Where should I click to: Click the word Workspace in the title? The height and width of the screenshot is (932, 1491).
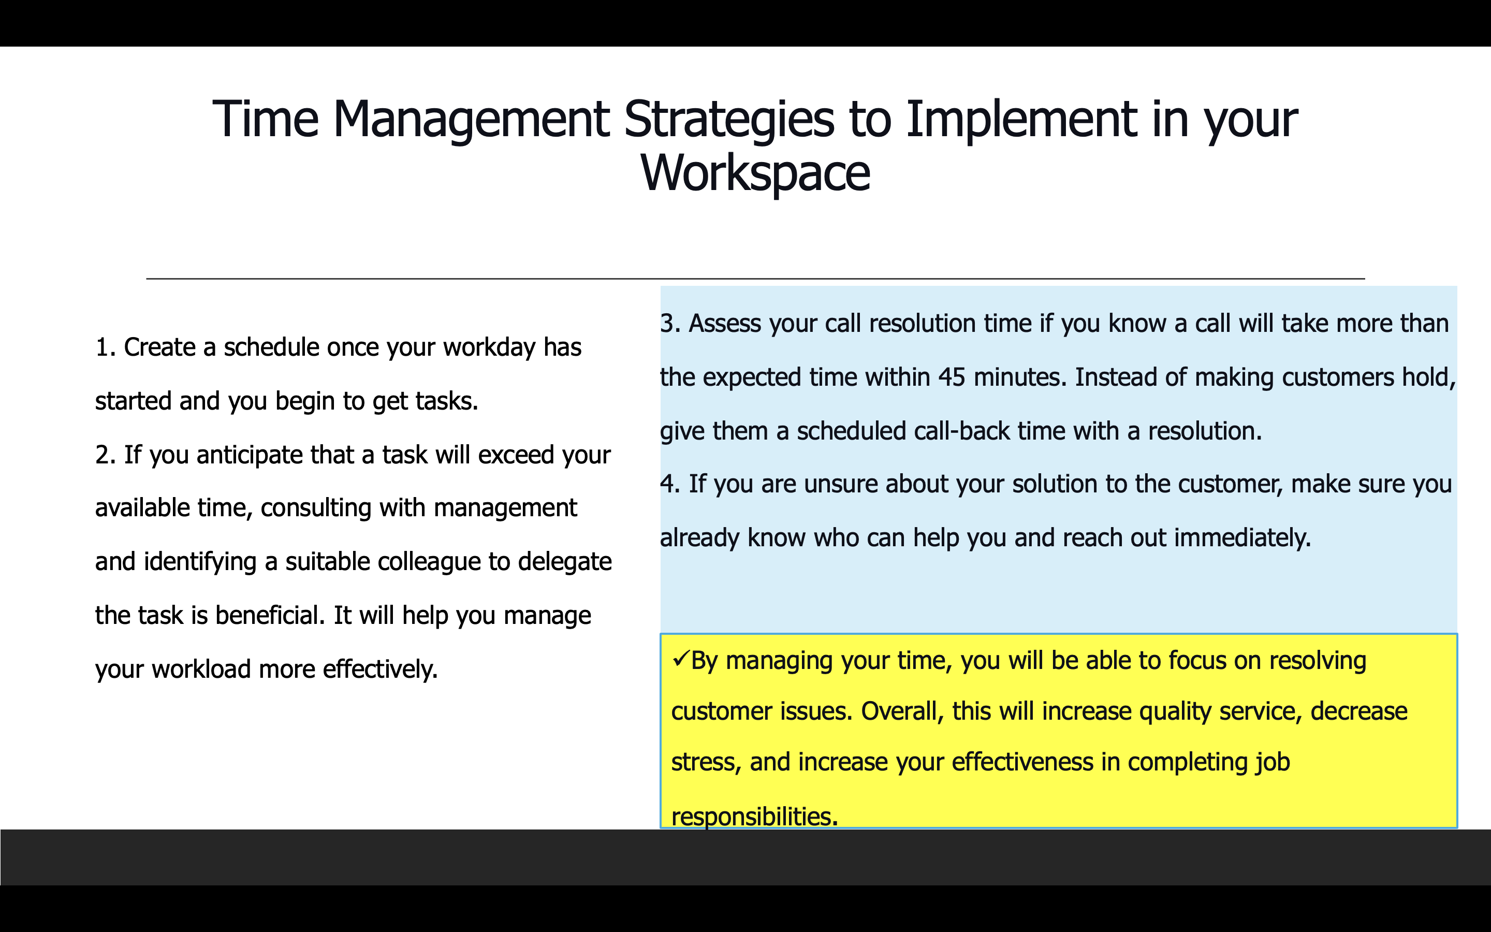coord(755,174)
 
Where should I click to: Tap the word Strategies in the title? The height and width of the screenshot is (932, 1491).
coord(729,120)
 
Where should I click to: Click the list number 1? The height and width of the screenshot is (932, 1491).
coord(106,347)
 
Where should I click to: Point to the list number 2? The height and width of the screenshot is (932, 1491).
coord(106,455)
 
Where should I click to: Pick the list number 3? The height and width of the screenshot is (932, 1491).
coord(670,324)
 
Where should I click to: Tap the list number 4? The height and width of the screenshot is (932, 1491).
coord(670,484)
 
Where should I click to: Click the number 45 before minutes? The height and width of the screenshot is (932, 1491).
coord(952,377)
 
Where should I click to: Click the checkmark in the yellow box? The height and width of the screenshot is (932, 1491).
coord(681,660)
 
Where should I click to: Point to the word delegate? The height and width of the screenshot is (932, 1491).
coord(565,562)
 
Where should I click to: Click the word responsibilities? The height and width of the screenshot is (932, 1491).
coord(755,818)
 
